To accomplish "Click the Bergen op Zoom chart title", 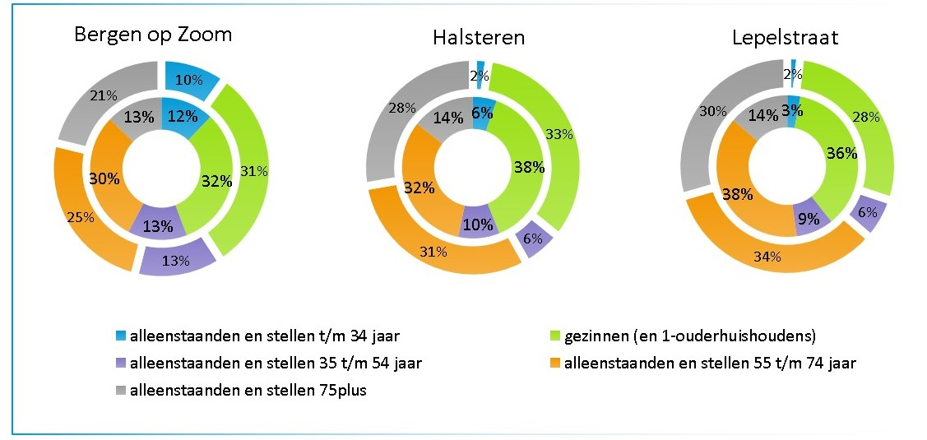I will pyautogui.click(x=153, y=35).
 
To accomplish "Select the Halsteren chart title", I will pyautogui.click(x=479, y=38).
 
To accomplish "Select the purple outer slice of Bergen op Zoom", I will pyautogui.click(x=175, y=261).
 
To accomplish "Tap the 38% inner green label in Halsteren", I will pyautogui.click(x=528, y=167).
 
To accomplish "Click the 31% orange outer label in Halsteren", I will pyautogui.click(x=433, y=252).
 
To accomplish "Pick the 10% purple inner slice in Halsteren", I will pyautogui.click(x=478, y=225).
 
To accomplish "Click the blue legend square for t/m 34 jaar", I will pyautogui.click(x=122, y=336).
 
